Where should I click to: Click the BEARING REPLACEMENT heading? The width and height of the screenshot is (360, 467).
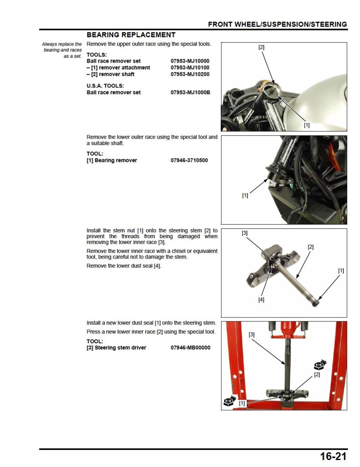click(131, 35)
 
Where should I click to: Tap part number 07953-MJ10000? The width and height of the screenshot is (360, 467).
click(190, 61)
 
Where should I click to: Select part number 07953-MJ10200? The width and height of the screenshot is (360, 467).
click(190, 74)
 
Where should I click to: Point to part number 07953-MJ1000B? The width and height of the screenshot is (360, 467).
click(190, 93)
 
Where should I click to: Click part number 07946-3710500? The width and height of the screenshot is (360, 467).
click(189, 160)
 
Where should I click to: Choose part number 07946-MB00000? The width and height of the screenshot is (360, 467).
click(190, 348)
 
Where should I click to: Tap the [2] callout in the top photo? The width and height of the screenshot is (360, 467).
click(262, 47)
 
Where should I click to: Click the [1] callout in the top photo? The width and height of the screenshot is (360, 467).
click(307, 125)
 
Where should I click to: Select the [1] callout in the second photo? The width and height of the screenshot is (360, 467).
click(245, 196)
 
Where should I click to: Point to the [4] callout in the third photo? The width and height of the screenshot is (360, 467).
click(261, 300)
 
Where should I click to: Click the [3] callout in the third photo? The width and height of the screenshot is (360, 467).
click(244, 233)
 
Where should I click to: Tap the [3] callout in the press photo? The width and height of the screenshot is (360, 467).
click(252, 335)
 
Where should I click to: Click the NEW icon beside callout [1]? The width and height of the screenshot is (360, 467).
click(229, 402)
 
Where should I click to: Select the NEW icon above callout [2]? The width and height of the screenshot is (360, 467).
click(320, 365)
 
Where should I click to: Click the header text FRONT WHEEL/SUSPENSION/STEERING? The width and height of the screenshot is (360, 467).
click(277, 25)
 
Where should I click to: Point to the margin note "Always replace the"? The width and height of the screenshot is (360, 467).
click(62, 44)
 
